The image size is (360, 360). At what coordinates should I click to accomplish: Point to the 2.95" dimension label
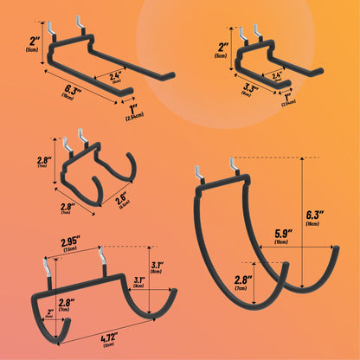point(70,240)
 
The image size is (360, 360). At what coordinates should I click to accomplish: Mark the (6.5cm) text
point(124,206)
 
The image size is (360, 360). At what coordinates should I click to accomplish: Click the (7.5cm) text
point(70,250)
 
